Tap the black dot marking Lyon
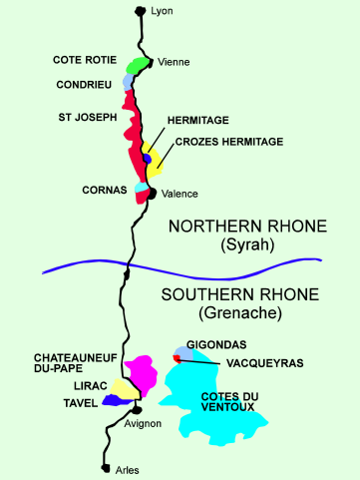coord(140,11)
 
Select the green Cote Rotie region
coord(139,65)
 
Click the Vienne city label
coord(174,62)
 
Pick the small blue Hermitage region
coord(147,159)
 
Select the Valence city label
coord(179,194)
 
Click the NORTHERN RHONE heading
coord(247,227)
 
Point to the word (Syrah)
coord(248,245)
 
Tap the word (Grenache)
coord(240,313)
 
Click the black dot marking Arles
coord(105,467)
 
